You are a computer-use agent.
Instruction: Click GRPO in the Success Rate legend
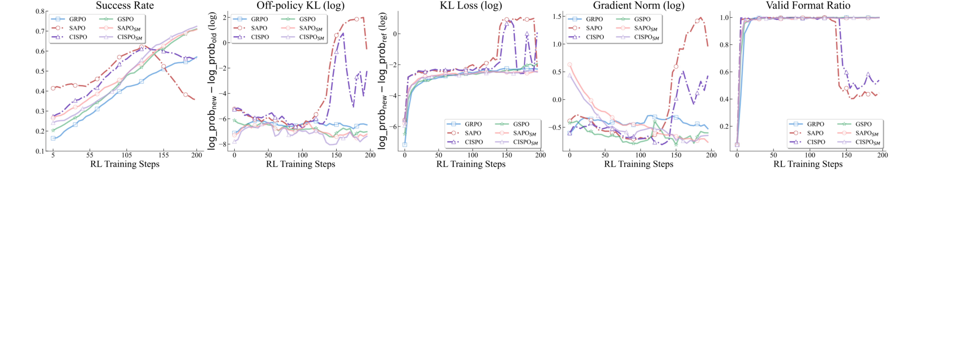point(77,19)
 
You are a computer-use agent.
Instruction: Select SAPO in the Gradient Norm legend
point(594,28)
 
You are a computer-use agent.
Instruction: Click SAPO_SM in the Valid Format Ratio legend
point(866,133)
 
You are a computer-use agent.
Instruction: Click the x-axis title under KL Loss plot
point(471,164)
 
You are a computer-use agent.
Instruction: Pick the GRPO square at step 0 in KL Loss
point(405,145)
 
